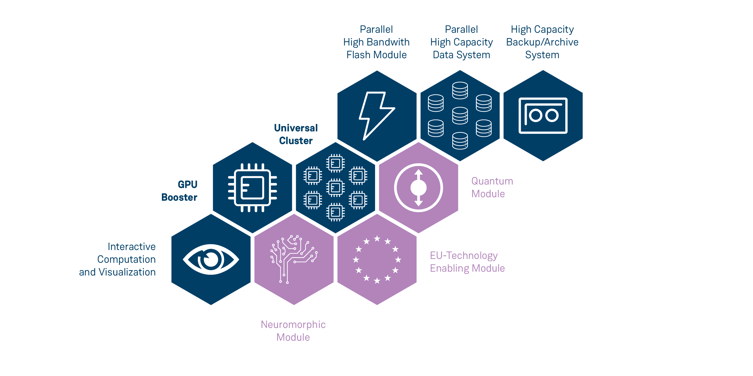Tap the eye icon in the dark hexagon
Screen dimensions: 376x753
[x=211, y=260]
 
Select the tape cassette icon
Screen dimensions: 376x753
[x=543, y=115]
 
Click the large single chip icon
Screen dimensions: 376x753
[x=252, y=188]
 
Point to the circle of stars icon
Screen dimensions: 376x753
[x=377, y=260]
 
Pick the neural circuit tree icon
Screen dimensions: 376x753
[x=293, y=259]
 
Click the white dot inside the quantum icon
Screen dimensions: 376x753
[x=418, y=188]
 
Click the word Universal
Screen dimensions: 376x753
[x=296, y=128]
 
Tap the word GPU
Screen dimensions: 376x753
[x=188, y=185]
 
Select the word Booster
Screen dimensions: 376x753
[x=179, y=197]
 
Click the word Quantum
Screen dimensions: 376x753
[x=492, y=181]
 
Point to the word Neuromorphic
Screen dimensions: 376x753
[x=293, y=324]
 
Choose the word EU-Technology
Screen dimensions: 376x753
[x=464, y=255]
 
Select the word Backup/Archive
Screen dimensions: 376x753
[x=542, y=42]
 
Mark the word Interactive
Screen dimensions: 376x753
[x=132, y=247]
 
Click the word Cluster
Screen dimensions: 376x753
[x=296, y=141]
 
